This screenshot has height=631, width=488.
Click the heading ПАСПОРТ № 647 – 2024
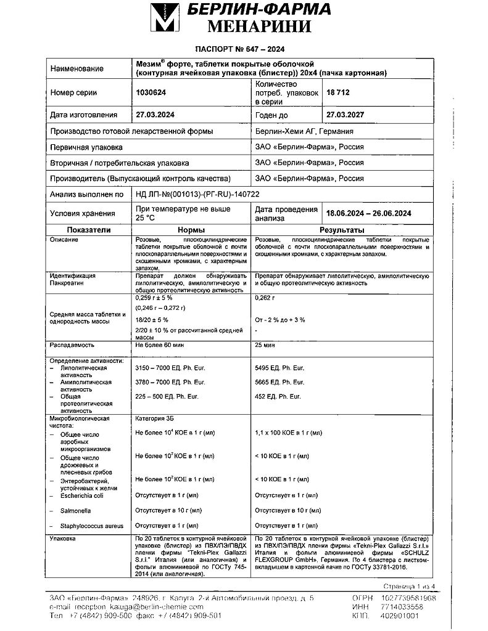pyautogui.click(x=239, y=50)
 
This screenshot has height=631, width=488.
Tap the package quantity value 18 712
pyautogui.click(x=339, y=92)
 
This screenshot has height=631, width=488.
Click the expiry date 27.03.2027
pyautogui.click(x=350, y=115)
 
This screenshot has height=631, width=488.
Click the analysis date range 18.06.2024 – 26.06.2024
pyautogui.click(x=368, y=214)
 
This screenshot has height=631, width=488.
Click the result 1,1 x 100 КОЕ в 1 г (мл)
pyautogui.click(x=288, y=434)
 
